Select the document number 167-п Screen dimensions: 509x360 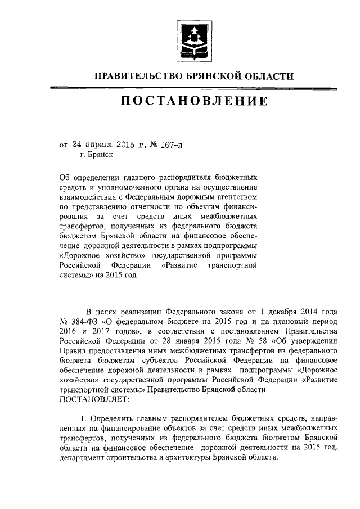click(171, 144)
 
